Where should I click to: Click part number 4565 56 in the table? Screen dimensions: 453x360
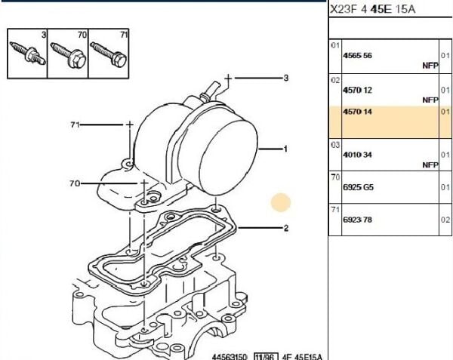click(x=357, y=55)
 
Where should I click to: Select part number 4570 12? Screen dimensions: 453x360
click(x=357, y=90)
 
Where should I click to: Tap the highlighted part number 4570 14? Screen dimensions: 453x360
click(x=357, y=112)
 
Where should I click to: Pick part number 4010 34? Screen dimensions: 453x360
click(x=357, y=155)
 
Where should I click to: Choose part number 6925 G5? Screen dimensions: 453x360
click(x=358, y=187)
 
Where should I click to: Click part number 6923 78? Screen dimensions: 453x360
click(x=357, y=220)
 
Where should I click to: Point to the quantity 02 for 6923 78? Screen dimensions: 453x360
click(x=445, y=220)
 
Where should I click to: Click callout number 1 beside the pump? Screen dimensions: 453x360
click(x=285, y=149)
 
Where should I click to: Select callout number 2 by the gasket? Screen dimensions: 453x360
click(x=285, y=229)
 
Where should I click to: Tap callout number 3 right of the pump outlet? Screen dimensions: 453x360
click(x=285, y=78)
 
